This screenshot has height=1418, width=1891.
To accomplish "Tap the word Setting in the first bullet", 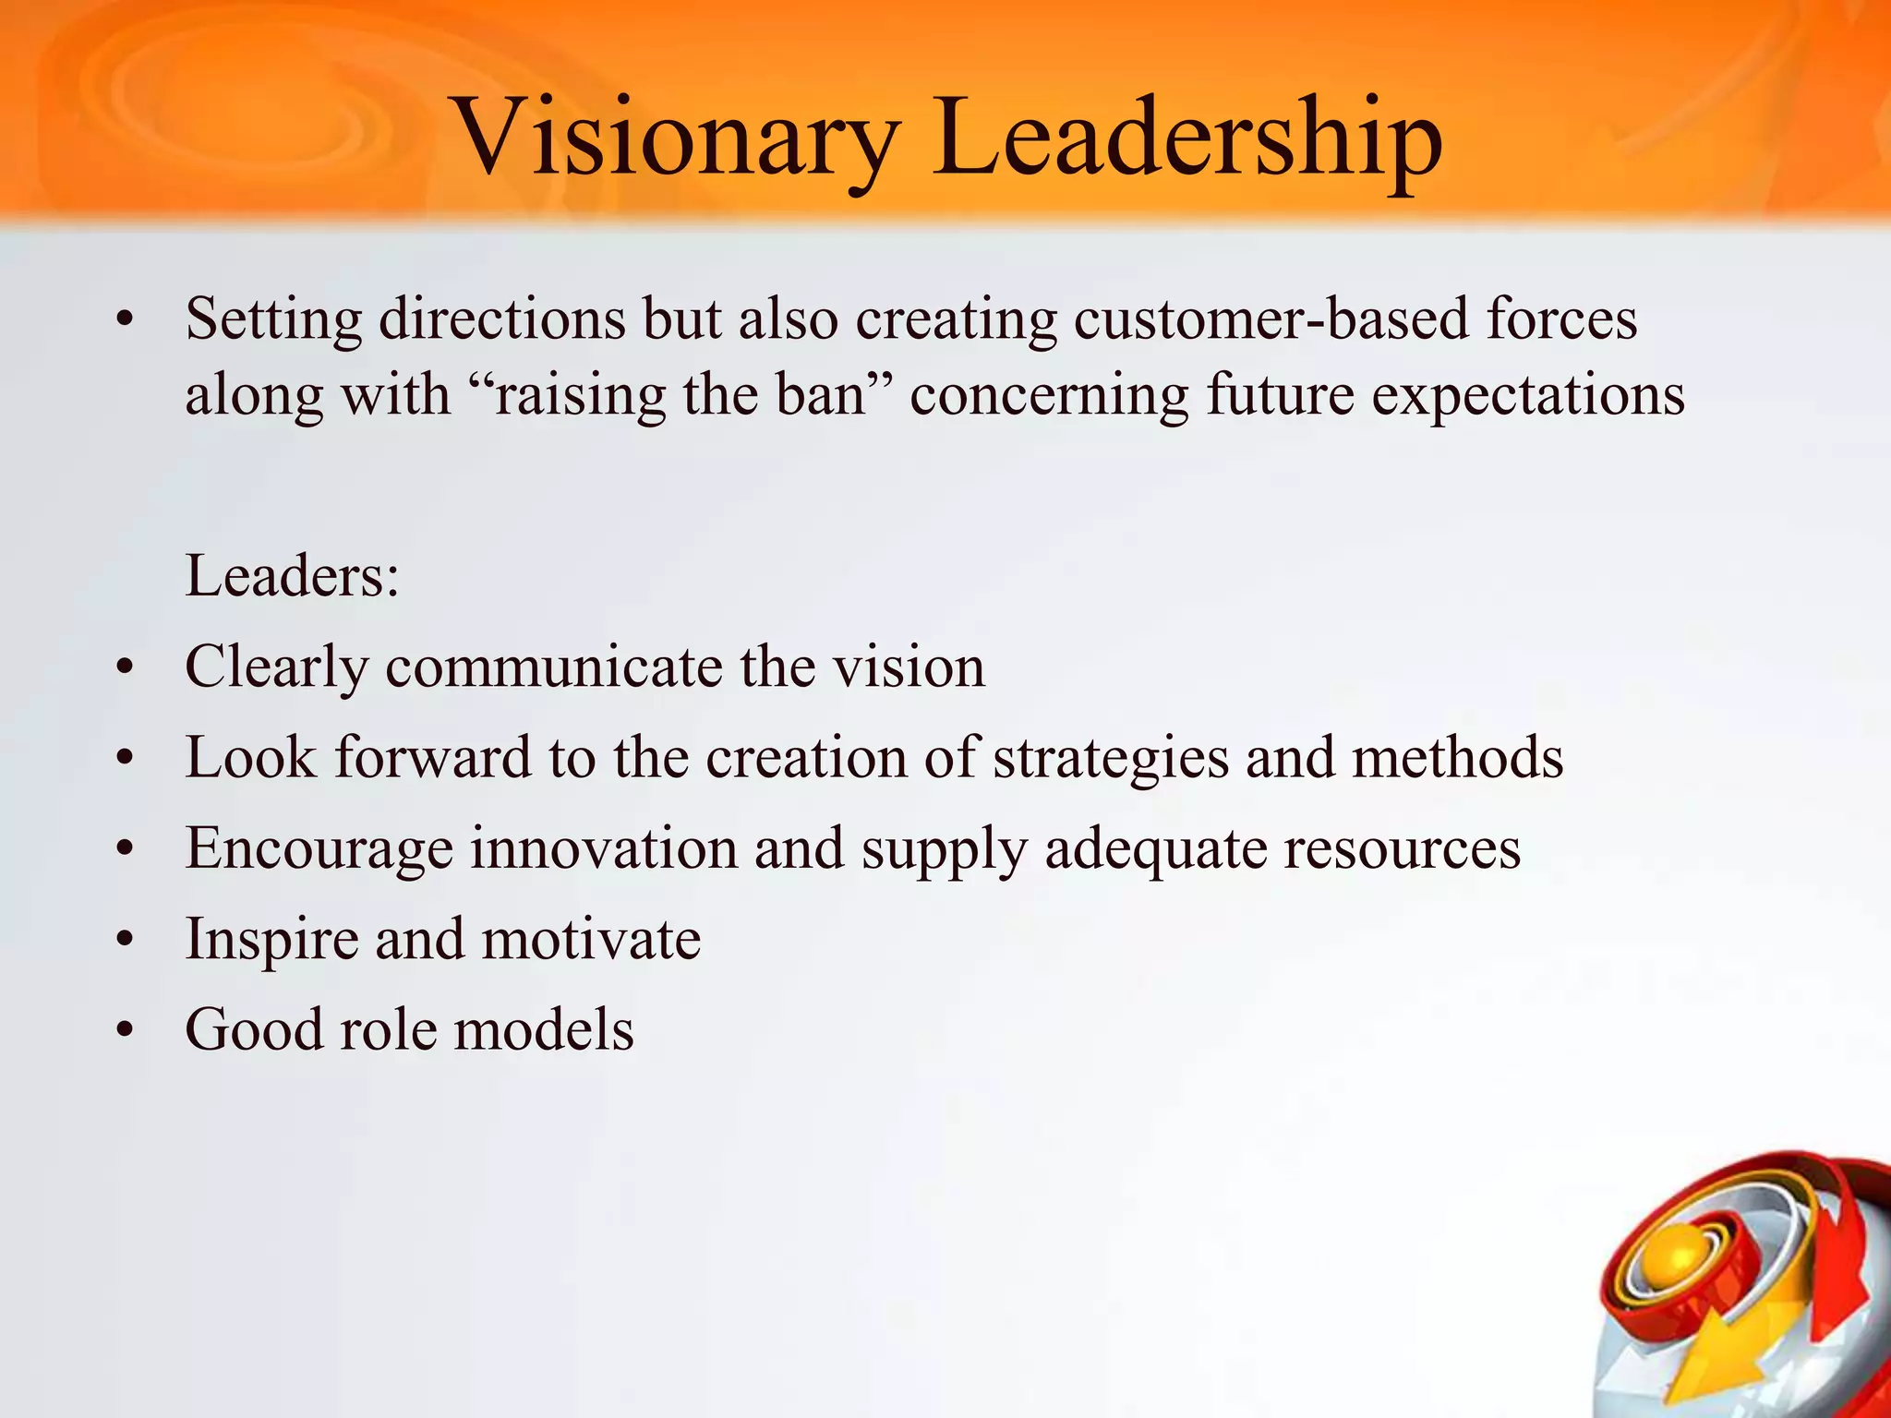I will pyautogui.click(x=274, y=320).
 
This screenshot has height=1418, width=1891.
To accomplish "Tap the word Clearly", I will pyautogui.click(x=277, y=668).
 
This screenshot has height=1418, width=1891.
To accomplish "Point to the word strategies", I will pyautogui.click(x=1111, y=759).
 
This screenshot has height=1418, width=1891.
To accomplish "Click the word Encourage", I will pyautogui.click(x=319, y=849).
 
